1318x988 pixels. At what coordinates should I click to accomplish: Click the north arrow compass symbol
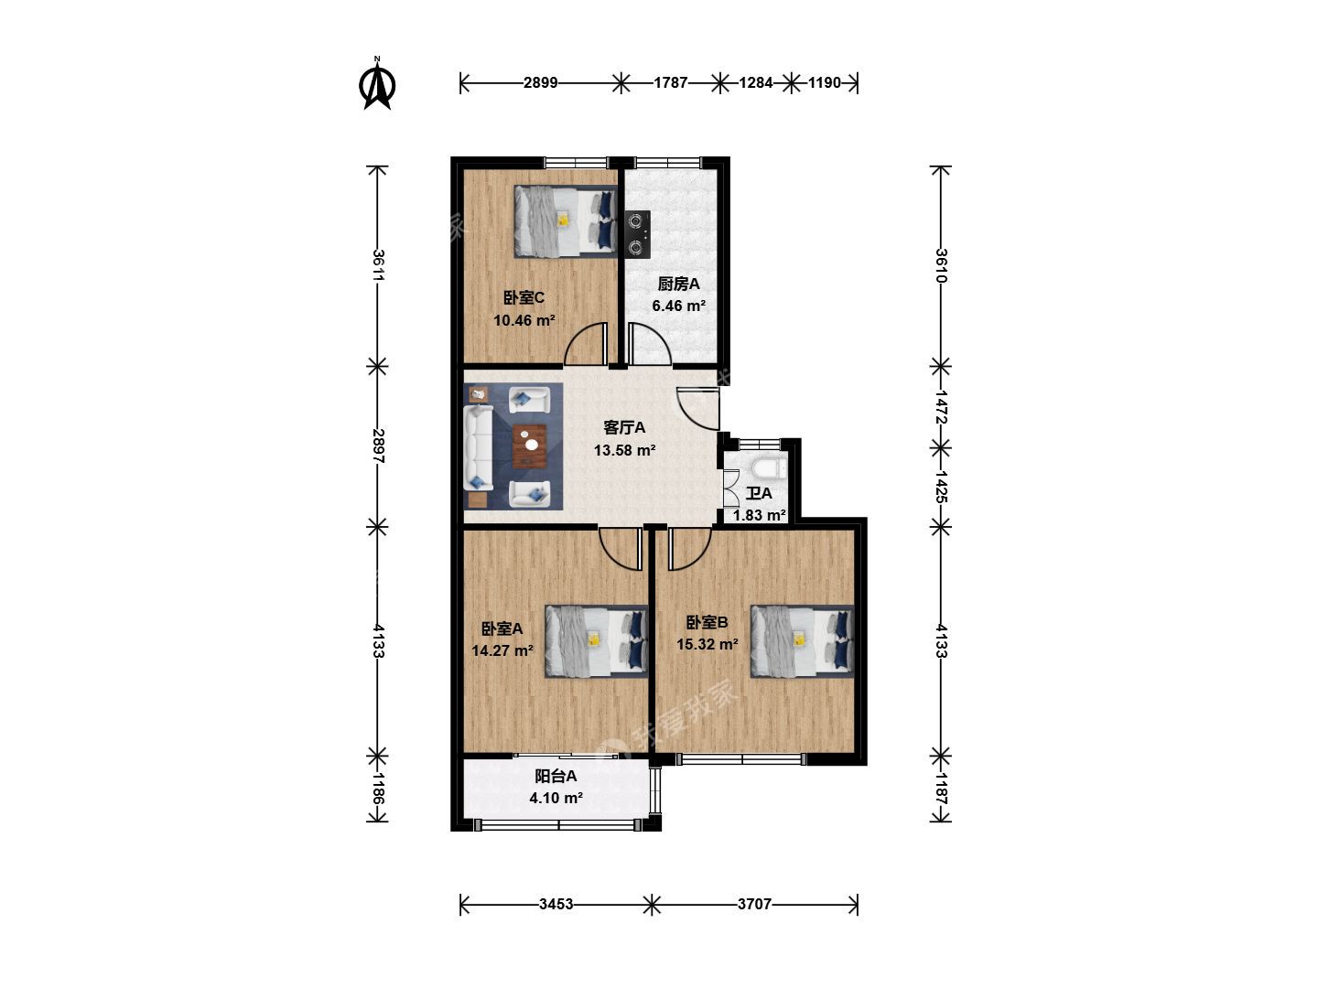pos(377,84)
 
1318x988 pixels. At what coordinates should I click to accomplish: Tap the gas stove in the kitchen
pos(638,234)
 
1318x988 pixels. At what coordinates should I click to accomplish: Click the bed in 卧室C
pos(566,221)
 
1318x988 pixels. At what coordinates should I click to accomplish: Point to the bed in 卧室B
pos(802,640)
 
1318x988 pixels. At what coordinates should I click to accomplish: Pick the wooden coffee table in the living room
pos(530,446)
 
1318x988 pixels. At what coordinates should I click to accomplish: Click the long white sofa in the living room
pos(479,447)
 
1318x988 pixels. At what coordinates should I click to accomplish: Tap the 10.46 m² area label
pos(524,320)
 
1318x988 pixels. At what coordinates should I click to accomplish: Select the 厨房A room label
pos(678,284)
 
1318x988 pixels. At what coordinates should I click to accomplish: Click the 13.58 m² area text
pos(624,450)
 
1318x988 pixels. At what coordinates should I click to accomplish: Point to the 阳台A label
pos(556,777)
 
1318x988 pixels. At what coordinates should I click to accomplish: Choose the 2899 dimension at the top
pos(540,82)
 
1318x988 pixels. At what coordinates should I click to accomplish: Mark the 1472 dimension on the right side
pos(941,407)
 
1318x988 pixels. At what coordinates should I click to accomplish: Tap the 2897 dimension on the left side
pos(378,446)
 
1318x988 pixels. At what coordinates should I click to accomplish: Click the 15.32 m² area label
pos(708,644)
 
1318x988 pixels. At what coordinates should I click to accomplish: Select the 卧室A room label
pos(502,628)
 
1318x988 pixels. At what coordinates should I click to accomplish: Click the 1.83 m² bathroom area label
pos(760,515)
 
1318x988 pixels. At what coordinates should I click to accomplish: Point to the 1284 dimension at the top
pos(755,82)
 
